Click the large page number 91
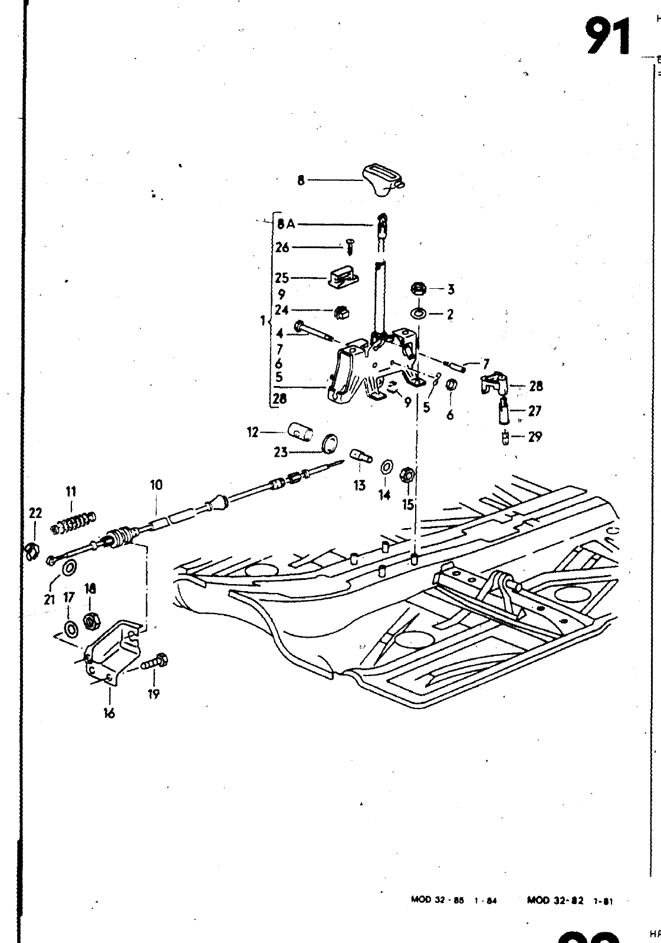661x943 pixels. click(607, 37)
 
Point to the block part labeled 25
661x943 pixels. click(343, 276)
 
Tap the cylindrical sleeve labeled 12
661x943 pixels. click(302, 433)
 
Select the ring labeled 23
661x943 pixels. click(331, 443)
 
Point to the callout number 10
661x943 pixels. click(156, 485)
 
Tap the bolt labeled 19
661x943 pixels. click(155, 662)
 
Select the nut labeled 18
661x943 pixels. click(90, 620)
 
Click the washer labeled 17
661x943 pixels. click(70, 628)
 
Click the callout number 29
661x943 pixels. click(535, 437)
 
